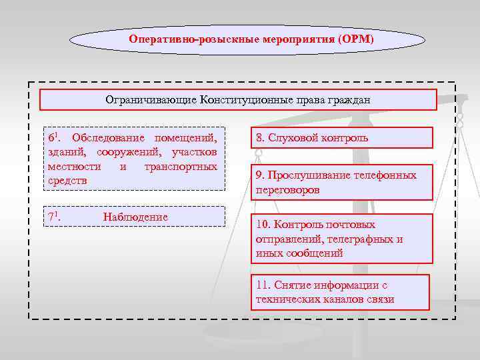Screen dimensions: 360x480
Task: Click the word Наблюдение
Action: coord(136,217)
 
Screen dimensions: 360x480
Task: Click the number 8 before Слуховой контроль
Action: coord(259,139)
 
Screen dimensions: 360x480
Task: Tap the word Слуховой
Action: coord(291,139)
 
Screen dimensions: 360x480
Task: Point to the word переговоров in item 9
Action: coord(287,189)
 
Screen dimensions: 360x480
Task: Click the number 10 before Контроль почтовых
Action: coord(262,225)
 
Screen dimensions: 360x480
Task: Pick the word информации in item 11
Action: coord(338,285)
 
